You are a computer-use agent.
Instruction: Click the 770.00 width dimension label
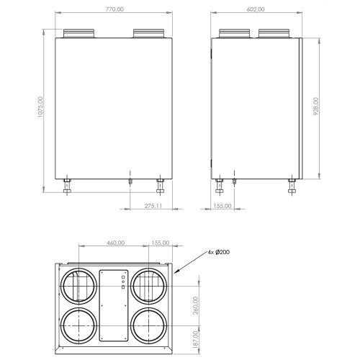[x=114, y=9]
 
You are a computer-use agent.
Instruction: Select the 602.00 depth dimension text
[x=256, y=9]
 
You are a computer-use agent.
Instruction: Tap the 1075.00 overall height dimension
[x=40, y=107]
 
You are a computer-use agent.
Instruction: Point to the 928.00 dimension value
[x=316, y=107]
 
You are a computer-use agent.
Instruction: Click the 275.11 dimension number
[x=153, y=206]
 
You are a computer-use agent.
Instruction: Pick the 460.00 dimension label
[x=116, y=243]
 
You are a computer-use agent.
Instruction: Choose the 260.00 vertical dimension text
[x=196, y=305]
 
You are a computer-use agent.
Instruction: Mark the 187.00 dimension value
[x=196, y=339]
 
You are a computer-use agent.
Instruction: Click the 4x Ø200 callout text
[x=219, y=252]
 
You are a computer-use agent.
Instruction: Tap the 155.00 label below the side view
[x=222, y=206]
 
